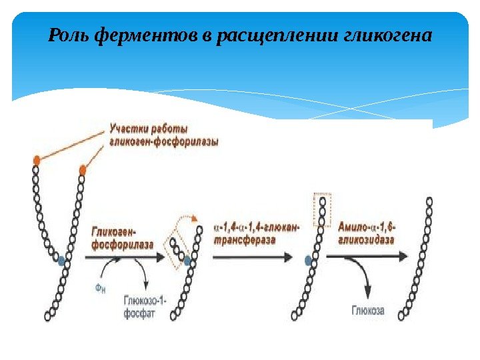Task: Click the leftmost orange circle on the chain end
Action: (x=37, y=160)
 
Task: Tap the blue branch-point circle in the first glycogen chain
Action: (x=61, y=261)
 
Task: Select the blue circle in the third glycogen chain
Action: (x=307, y=261)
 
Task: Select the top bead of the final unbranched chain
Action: (x=429, y=200)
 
